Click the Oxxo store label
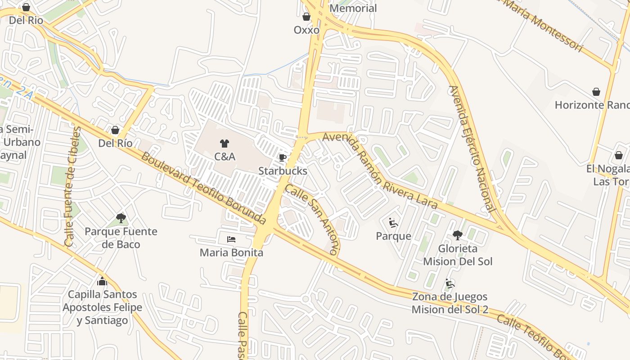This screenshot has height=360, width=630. [x=306, y=30]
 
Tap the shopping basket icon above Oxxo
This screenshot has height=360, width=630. [x=306, y=17]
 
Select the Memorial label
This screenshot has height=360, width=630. [x=353, y=8]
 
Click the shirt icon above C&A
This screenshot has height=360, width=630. [x=225, y=144]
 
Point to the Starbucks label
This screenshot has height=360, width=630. [x=283, y=171]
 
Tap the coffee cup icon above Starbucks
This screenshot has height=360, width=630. [x=283, y=157]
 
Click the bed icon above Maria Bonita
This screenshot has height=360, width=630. [x=231, y=239]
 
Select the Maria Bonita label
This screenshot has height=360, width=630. [x=231, y=253]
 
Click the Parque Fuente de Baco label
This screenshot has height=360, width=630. [x=121, y=238]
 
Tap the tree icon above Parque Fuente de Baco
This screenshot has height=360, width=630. [x=121, y=219]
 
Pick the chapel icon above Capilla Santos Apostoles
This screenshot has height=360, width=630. [x=102, y=281]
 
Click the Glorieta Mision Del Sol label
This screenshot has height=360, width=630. [x=458, y=255]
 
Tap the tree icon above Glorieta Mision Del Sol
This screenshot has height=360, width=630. [x=458, y=235]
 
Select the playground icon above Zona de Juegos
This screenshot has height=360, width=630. [x=450, y=283]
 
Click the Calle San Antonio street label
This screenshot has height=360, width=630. [x=312, y=220]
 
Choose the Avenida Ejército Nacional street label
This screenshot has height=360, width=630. [x=472, y=148]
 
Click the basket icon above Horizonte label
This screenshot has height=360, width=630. [x=596, y=92]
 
